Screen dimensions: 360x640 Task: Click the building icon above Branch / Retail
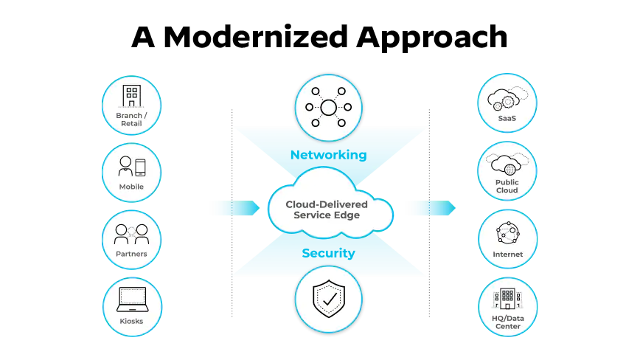click(131, 96)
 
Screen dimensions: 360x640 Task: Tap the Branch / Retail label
click(131, 120)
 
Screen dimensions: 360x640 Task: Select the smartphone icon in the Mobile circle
click(140, 167)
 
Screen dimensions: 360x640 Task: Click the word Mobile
click(131, 187)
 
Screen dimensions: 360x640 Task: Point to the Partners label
click(131, 254)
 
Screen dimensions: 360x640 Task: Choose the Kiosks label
click(131, 321)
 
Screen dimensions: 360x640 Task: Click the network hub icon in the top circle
click(328, 108)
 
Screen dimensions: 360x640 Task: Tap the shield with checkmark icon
click(328, 299)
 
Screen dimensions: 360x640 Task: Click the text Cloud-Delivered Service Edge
click(327, 210)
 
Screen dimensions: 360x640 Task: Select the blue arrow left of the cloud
click(235, 208)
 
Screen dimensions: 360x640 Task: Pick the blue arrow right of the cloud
click(431, 208)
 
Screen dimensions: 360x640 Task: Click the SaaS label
click(507, 118)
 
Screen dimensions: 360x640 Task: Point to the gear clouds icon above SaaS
click(507, 97)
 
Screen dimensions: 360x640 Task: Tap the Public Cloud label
click(507, 186)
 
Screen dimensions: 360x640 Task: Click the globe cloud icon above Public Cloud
click(507, 163)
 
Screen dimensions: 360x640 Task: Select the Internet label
click(507, 255)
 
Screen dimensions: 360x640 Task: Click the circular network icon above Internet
click(507, 232)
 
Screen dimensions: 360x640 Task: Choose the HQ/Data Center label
click(507, 322)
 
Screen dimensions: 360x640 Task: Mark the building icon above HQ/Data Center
click(507, 299)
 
